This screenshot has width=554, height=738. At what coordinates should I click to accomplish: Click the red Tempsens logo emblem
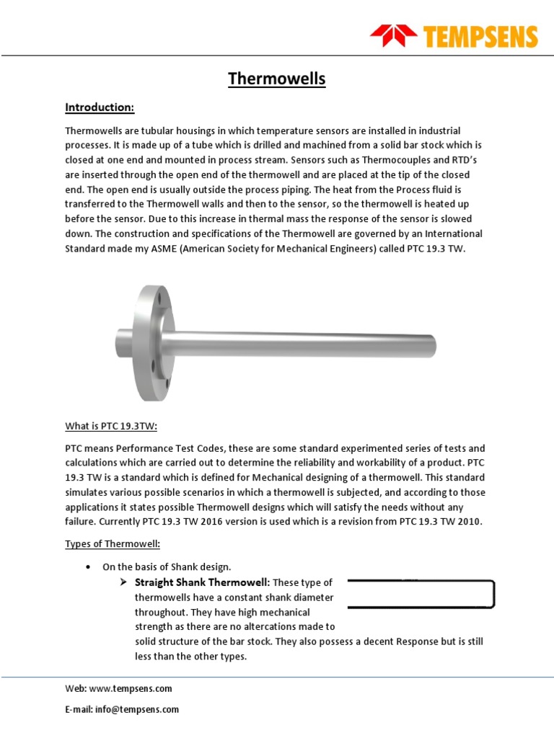[x=393, y=35]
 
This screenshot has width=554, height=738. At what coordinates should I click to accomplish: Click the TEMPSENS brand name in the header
[x=480, y=37]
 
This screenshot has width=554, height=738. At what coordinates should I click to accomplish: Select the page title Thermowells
[x=277, y=79]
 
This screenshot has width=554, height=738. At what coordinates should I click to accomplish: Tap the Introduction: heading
[x=100, y=108]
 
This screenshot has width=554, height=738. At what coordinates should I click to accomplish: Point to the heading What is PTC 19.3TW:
[x=109, y=426]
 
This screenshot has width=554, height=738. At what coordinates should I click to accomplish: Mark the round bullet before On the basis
[x=87, y=567]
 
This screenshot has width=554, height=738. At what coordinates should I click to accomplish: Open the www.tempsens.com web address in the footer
[x=130, y=688]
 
